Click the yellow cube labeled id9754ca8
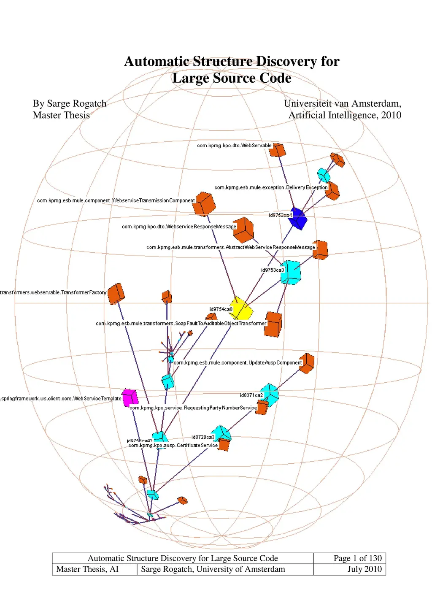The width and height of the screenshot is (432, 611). click(x=241, y=308)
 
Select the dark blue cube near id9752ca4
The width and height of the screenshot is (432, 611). click(x=298, y=218)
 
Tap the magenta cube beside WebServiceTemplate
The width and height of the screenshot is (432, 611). click(x=130, y=397)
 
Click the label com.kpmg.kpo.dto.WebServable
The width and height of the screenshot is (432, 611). click(x=234, y=146)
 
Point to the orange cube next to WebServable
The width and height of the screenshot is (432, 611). click(x=278, y=150)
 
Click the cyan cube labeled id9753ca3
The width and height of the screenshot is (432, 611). click(x=291, y=272)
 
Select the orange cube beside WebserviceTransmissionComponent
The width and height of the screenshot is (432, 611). click(x=204, y=204)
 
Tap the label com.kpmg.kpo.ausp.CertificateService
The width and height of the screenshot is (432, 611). click(x=173, y=445)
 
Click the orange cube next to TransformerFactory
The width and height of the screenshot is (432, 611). click(x=116, y=294)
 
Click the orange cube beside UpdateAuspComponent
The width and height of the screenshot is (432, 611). click(x=307, y=363)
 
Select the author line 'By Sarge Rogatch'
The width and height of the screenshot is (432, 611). click(x=70, y=103)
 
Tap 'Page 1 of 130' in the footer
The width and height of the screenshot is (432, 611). click(x=357, y=558)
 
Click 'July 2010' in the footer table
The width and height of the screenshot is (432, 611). click(x=364, y=569)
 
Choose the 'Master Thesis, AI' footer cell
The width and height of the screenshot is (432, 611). click(x=87, y=569)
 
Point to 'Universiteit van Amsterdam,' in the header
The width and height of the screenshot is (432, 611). click(x=342, y=103)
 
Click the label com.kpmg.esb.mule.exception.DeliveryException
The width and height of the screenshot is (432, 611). click(x=271, y=187)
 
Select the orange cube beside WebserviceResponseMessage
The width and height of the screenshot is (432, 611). click(x=244, y=230)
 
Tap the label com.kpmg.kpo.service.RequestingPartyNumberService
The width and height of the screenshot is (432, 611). click(x=193, y=408)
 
